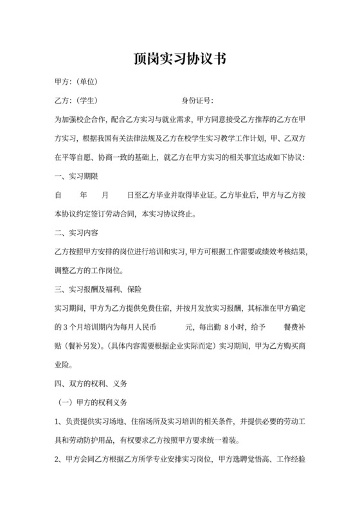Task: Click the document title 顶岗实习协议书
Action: pos(180,60)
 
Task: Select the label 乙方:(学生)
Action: pos(76,101)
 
